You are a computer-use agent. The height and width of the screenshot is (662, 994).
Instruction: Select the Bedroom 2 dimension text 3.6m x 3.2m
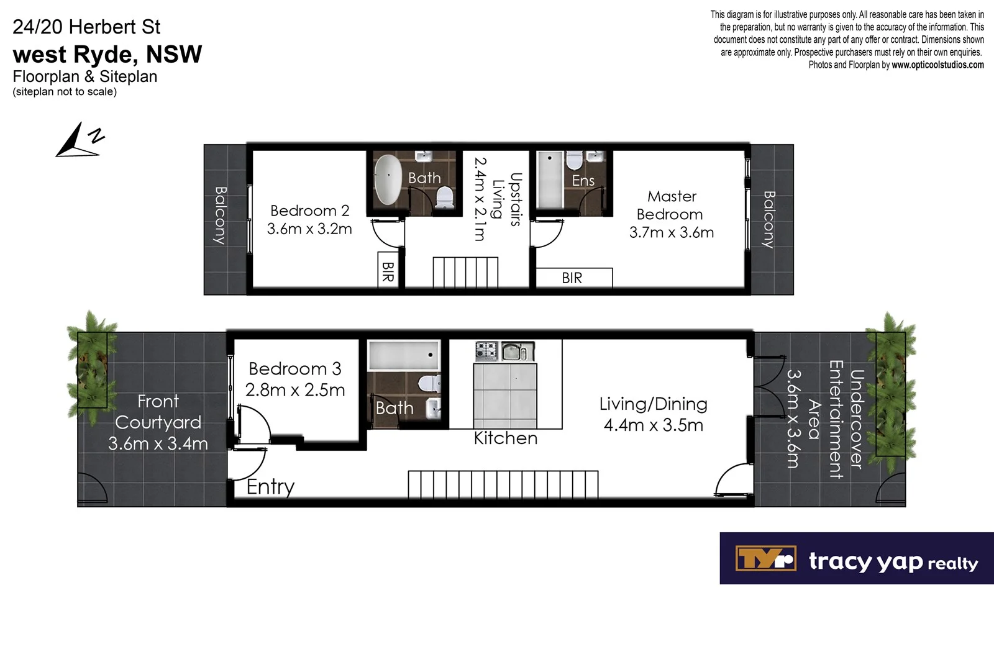point(309,229)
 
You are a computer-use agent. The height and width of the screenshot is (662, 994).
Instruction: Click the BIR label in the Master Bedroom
point(572,278)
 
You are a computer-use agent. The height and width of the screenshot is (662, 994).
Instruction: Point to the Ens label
point(583,181)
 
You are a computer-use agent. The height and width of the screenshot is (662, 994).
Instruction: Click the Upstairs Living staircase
point(465,272)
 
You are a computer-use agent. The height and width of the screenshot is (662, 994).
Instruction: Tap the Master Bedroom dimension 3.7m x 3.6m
point(672,232)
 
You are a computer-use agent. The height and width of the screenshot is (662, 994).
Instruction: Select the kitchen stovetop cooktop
point(486,351)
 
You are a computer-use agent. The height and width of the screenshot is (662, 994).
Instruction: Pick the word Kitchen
point(506,438)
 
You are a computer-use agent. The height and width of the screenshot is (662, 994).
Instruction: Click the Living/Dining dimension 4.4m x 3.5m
point(654,425)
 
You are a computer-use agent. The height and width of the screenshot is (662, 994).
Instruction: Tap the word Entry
point(270,487)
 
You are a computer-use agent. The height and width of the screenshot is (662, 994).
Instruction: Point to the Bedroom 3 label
point(295,369)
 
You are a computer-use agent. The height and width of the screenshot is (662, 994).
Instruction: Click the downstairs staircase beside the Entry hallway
point(503,484)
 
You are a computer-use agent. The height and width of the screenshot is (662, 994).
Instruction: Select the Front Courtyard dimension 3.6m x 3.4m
point(158,443)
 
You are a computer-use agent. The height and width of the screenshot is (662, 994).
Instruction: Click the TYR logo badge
point(765,558)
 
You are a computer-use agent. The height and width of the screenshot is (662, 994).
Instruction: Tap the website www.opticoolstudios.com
point(937,65)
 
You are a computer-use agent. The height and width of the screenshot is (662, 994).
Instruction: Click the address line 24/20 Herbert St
point(86,27)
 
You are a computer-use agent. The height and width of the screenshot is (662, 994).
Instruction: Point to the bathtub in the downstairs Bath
point(404,355)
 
